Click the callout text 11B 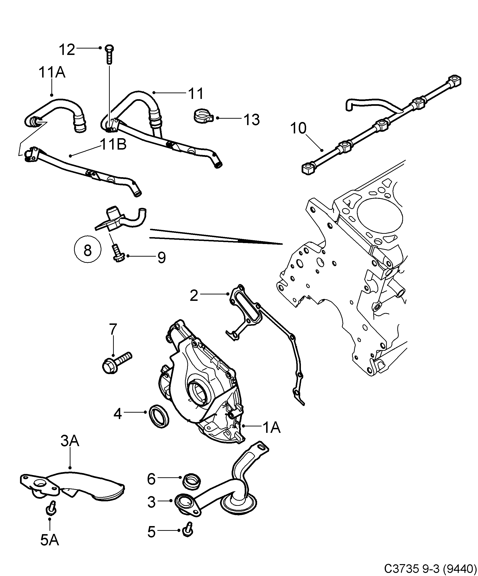(113, 145)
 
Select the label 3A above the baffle (70, 441)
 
